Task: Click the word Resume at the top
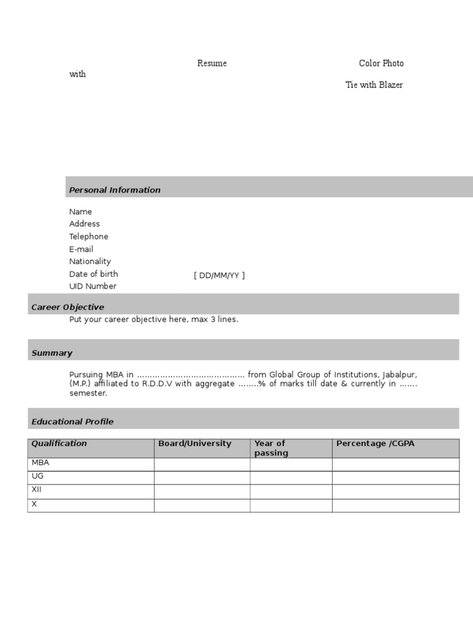click(x=212, y=63)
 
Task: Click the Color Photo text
click(x=381, y=63)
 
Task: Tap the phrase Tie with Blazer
click(x=374, y=85)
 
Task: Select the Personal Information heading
click(x=115, y=190)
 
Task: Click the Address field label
click(x=84, y=224)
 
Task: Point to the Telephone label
click(x=89, y=236)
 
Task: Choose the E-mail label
click(x=81, y=249)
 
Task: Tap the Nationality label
click(x=90, y=261)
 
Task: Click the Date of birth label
click(x=94, y=274)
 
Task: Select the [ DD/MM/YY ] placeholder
click(x=219, y=275)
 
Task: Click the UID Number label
click(x=93, y=286)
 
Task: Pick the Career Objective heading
click(x=68, y=307)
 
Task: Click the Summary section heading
click(x=52, y=353)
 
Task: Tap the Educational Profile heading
click(x=73, y=421)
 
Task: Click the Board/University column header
click(x=195, y=444)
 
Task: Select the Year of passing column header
click(x=270, y=448)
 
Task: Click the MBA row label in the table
click(x=40, y=463)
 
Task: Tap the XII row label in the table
click(x=36, y=490)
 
